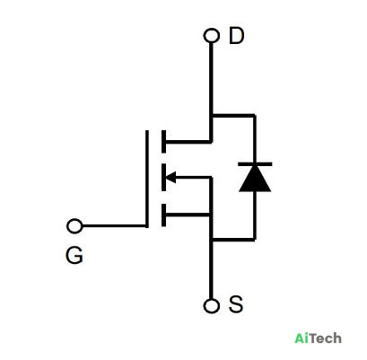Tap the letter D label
pyautogui.click(x=236, y=36)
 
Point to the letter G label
pyautogui.click(x=74, y=255)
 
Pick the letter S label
pyautogui.click(x=236, y=304)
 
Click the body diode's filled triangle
pyautogui.click(x=255, y=179)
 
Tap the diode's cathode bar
pyautogui.click(x=255, y=164)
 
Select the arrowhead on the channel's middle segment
pyautogui.click(x=170, y=178)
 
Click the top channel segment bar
pyautogui.click(x=163, y=142)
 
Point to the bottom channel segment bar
pyautogui.click(x=163, y=215)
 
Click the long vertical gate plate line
pyautogui.click(x=147, y=179)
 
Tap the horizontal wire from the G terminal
pyautogui.click(x=114, y=226)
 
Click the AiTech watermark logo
pyautogui.click(x=318, y=338)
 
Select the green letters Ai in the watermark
pyautogui.click(x=301, y=338)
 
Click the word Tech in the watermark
pyautogui.click(x=326, y=338)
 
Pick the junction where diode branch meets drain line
pyautogui.click(x=212, y=115)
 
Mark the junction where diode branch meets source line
pyautogui.click(x=212, y=240)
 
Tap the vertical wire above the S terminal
pyautogui.click(x=212, y=269)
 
